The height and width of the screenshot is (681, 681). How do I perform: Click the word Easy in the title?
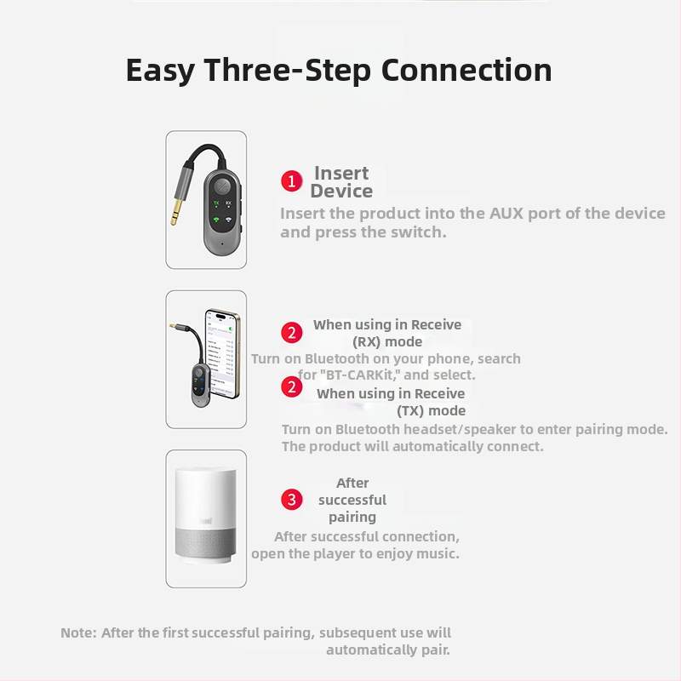(x=160, y=71)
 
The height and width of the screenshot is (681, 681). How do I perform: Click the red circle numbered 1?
(x=291, y=181)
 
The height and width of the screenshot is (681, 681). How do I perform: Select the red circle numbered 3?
(x=291, y=500)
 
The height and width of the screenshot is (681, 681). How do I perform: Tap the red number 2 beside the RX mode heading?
(x=291, y=333)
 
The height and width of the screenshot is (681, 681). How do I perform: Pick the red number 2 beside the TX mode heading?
(x=291, y=387)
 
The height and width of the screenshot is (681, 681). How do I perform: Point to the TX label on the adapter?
(x=216, y=203)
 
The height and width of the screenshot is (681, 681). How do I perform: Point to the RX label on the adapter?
(x=228, y=203)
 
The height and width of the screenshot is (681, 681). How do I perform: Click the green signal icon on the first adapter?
(x=216, y=220)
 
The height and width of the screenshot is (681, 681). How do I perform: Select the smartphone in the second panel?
(x=222, y=353)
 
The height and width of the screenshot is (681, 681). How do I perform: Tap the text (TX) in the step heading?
(x=410, y=411)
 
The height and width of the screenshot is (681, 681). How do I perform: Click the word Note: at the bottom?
(x=78, y=632)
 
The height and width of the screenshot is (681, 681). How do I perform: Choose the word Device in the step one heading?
(x=341, y=191)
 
